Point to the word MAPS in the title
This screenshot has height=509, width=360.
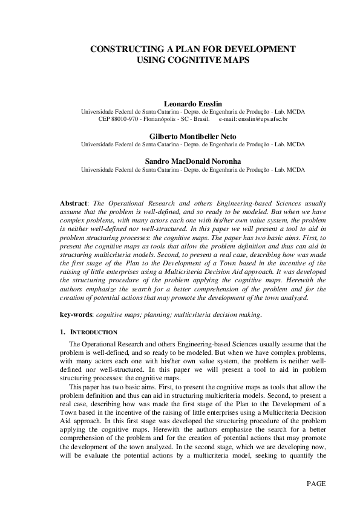pyautogui.click(x=237, y=60)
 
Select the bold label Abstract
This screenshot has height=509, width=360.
pyautogui.click(x=74, y=204)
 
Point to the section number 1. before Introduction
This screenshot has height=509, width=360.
pyautogui.click(x=62, y=332)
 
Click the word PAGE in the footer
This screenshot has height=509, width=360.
pyautogui.click(x=316, y=484)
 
